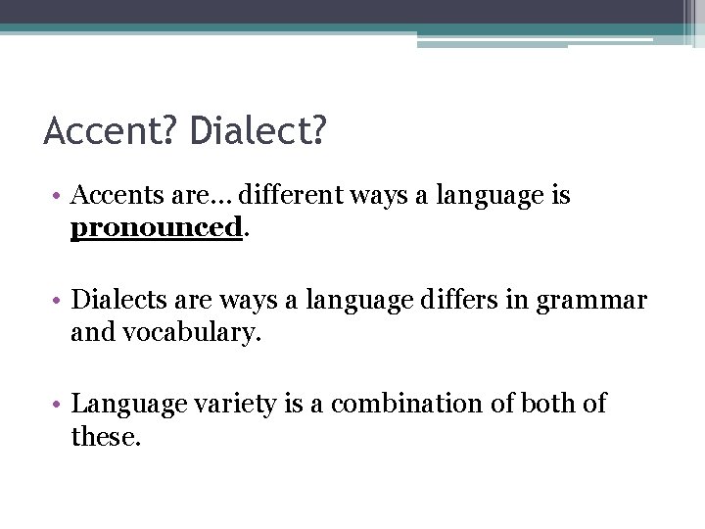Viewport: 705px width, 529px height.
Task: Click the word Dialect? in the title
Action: [x=258, y=131]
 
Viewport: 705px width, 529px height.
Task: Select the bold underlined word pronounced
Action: [x=156, y=228]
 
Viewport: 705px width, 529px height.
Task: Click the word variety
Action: [x=229, y=404]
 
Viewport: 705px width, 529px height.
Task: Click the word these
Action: [x=106, y=436]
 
